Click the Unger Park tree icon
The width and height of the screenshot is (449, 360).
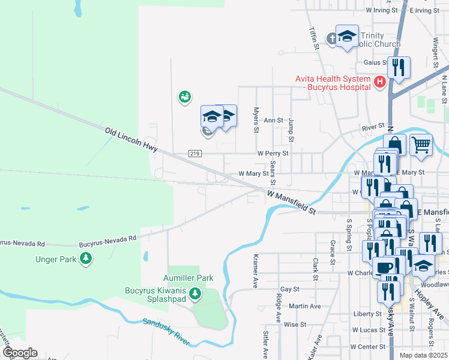click(x=87, y=259)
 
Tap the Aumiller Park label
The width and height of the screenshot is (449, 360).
click(x=188, y=278)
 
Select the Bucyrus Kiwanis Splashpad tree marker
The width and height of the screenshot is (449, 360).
click(x=194, y=294)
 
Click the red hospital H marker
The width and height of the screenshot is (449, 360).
click(x=379, y=82)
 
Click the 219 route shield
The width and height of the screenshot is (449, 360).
click(x=194, y=154)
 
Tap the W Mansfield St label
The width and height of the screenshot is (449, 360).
click(x=291, y=202)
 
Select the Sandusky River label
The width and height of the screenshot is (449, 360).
click(x=166, y=331)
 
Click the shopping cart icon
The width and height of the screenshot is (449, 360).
click(x=421, y=144)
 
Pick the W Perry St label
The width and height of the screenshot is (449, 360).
click(x=273, y=154)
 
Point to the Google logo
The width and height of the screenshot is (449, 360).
click(x=19, y=353)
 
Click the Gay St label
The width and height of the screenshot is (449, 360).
click(x=289, y=289)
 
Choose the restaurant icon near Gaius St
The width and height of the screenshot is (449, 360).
click(x=398, y=68)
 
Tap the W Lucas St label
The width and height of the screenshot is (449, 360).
click(x=368, y=331)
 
